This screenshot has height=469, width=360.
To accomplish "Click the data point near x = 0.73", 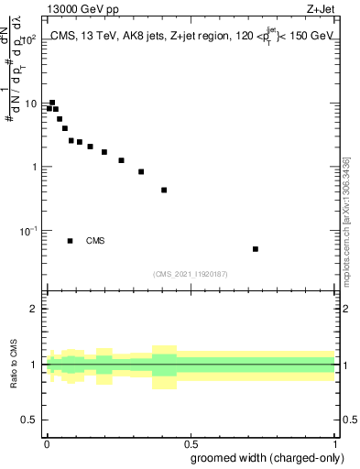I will click(256, 249).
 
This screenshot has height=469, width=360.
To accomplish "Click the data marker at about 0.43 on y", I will click(164, 191).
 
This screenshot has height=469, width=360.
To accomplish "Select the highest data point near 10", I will click(52, 103).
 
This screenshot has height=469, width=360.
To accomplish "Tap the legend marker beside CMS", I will click(70, 241).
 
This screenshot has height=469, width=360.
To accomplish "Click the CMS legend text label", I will click(95, 241).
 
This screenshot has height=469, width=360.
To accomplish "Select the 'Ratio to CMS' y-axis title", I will click(16, 365).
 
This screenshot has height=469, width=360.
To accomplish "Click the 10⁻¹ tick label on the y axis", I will click(27, 231).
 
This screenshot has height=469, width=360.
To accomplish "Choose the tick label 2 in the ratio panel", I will click(34, 309).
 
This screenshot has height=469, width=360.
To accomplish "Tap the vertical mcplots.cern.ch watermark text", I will click(345, 220).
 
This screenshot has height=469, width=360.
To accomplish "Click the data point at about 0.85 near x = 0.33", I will click(141, 171).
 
